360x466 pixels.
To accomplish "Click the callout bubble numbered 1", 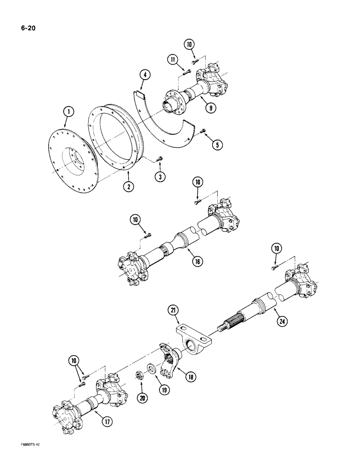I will pyautogui.click(x=69, y=111).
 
